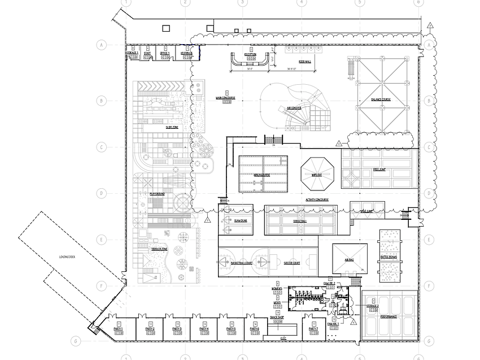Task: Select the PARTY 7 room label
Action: click(313, 328)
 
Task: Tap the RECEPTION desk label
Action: click(251, 54)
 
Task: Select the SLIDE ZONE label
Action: click(172, 128)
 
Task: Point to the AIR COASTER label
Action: click(293, 107)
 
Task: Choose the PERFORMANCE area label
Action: click(389, 316)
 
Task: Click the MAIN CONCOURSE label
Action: click(225, 97)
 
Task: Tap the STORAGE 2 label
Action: click(373, 306)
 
